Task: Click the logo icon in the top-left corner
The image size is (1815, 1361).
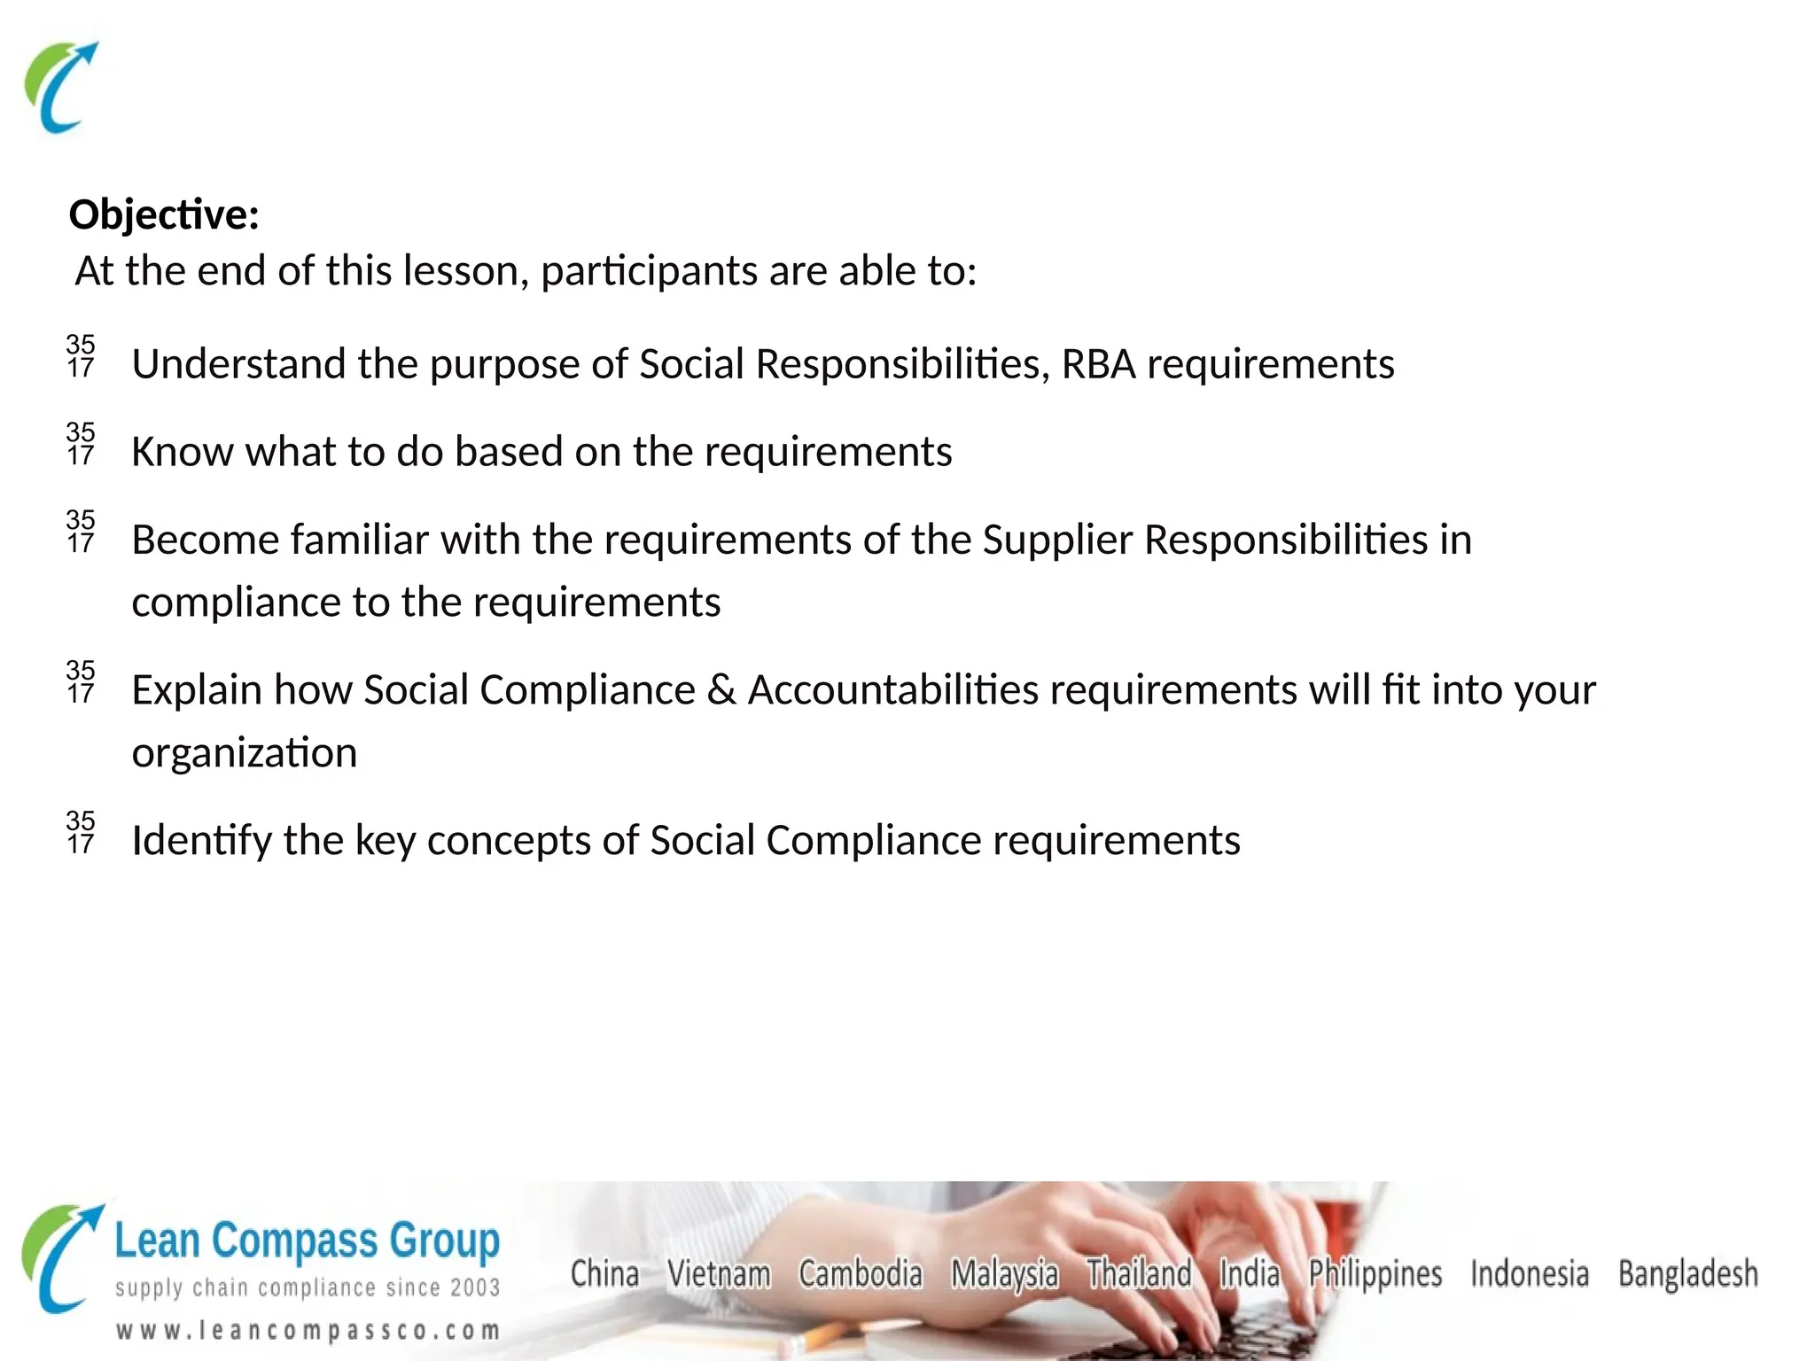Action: click(x=60, y=87)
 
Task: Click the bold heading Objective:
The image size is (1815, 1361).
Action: click(x=164, y=215)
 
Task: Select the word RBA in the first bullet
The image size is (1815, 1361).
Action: click(x=1098, y=364)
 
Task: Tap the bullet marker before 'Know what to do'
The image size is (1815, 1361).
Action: click(x=81, y=444)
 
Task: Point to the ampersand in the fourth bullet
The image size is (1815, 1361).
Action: click(x=721, y=689)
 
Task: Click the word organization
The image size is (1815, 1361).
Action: click(x=245, y=752)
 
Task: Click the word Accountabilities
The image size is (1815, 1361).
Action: click(x=892, y=689)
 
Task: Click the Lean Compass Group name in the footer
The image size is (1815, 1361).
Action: click(x=307, y=1240)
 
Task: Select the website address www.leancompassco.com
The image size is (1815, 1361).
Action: click(x=308, y=1330)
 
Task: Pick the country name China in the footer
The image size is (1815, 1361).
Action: click(x=604, y=1273)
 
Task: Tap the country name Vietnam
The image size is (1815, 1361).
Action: click(x=719, y=1273)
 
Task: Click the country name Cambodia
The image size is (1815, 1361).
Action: click(x=860, y=1273)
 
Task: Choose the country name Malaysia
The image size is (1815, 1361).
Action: click(x=1004, y=1274)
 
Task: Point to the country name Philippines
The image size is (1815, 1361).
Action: click(x=1375, y=1274)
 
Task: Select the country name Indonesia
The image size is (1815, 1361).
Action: click(x=1530, y=1273)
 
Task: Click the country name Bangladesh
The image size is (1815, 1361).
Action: click(x=1687, y=1273)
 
